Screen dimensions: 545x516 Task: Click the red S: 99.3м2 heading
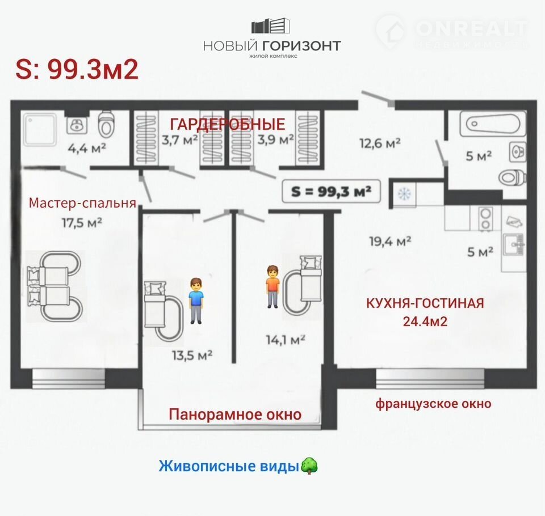pos(77,69)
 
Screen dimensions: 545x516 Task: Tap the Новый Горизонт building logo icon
pos(270,27)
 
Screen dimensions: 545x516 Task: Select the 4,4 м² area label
pos(86,148)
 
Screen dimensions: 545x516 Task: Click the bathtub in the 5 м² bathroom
pos(493,124)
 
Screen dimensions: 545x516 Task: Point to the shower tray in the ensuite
pos(40,130)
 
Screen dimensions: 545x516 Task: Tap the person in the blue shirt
pos(196,301)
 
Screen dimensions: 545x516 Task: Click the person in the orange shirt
pos(273,286)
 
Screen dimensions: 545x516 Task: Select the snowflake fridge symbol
pos(404,193)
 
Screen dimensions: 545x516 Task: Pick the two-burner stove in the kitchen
pos(485,219)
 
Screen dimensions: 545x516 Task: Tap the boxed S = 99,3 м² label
pos(331,191)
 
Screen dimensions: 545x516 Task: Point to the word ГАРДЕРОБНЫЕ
pos(228,124)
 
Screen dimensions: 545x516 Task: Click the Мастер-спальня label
pos(82,203)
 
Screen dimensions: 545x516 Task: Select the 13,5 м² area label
pos(192,355)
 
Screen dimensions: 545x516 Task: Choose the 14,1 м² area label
pos(286,340)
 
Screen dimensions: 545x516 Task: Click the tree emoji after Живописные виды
pos(309,466)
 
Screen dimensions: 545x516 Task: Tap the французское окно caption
pos(433,404)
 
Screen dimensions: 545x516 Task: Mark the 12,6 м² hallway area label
pos(380,143)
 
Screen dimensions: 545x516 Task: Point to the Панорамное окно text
pos(235,415)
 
